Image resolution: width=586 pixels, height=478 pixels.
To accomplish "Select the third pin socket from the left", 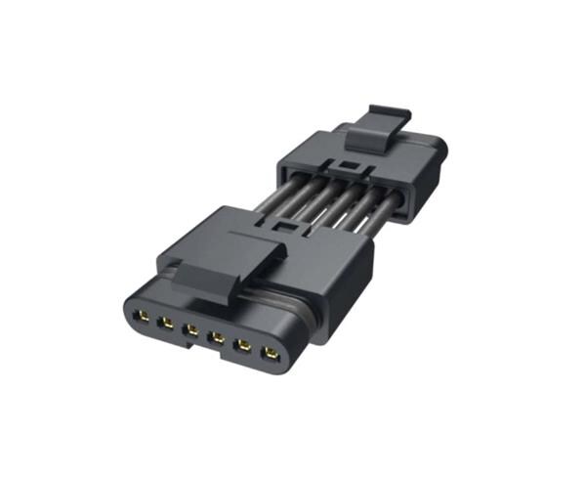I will click(x=190, y=330).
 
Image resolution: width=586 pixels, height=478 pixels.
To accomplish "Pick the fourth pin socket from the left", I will click(x=215, y=338).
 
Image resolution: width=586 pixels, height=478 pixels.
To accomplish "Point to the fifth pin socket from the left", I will click(x=240, y=345).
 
